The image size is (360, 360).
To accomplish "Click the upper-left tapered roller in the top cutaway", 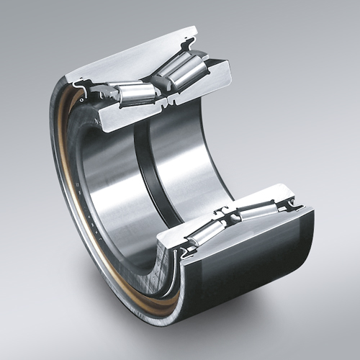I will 135,92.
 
